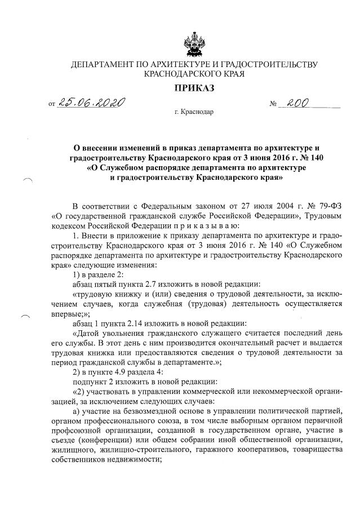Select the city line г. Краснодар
point(194,112)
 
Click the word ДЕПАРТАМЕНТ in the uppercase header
point(103,64)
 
